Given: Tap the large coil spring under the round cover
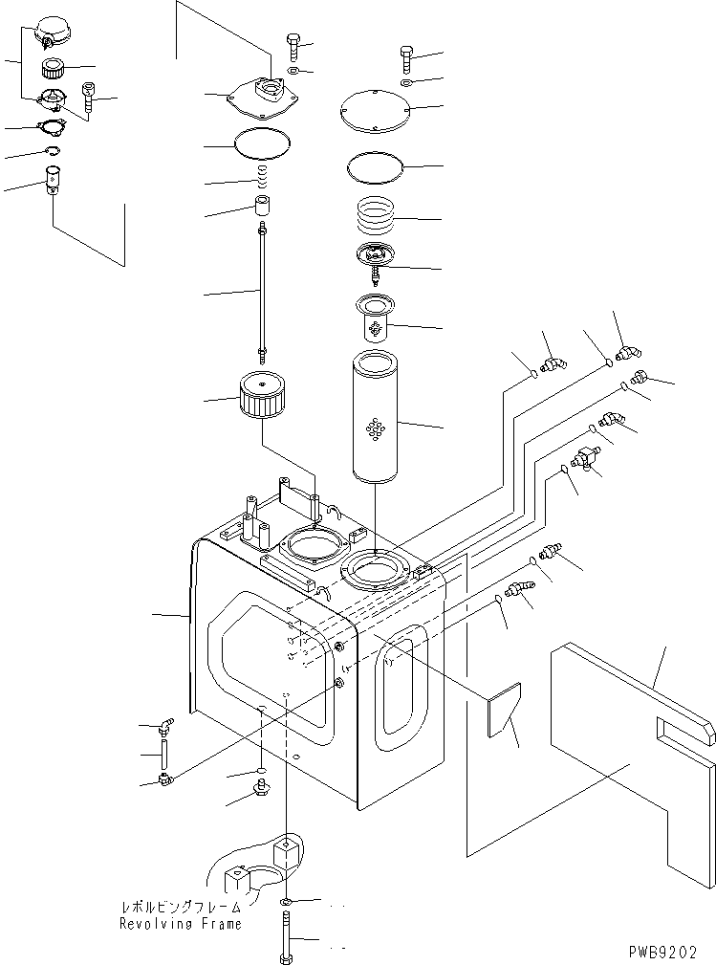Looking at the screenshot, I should click(x=377, y=220).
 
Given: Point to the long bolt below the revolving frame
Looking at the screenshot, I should click(x=287, y=938).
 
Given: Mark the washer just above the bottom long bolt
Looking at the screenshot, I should click(x=287, y=902).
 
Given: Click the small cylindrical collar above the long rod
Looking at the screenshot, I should click(x=262, y=206).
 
